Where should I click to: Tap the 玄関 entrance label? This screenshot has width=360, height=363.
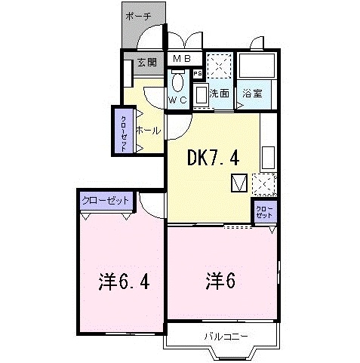pyautogui.click(x=147, y=63)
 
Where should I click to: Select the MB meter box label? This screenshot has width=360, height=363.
pyautogui.click(x=182, y=59)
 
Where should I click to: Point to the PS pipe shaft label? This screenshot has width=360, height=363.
pyautogui.click(x=198, y=73)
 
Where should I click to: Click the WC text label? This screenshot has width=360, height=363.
pyautogui.click(x=177, y=100)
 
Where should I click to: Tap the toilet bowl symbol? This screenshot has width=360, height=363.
pyautogui.click(x=177, y=82)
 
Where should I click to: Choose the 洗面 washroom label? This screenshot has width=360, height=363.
pyautogui.click(x=220, y=94)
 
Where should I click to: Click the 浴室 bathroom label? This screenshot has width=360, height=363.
pyautogui.click(x=253, y=94)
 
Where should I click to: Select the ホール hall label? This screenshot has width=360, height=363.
pyautogui.click(x=147, y=130)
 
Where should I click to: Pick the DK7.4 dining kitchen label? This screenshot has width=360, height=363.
pyautogui.click(x=214, y=158)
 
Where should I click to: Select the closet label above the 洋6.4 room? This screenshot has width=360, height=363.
pyautogui.click(x=106, y=200)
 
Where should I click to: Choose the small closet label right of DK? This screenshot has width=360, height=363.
pyautogui.click(x=264, y=211)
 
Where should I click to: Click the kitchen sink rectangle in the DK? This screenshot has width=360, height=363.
pyautogui.click(x=268, y=157)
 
